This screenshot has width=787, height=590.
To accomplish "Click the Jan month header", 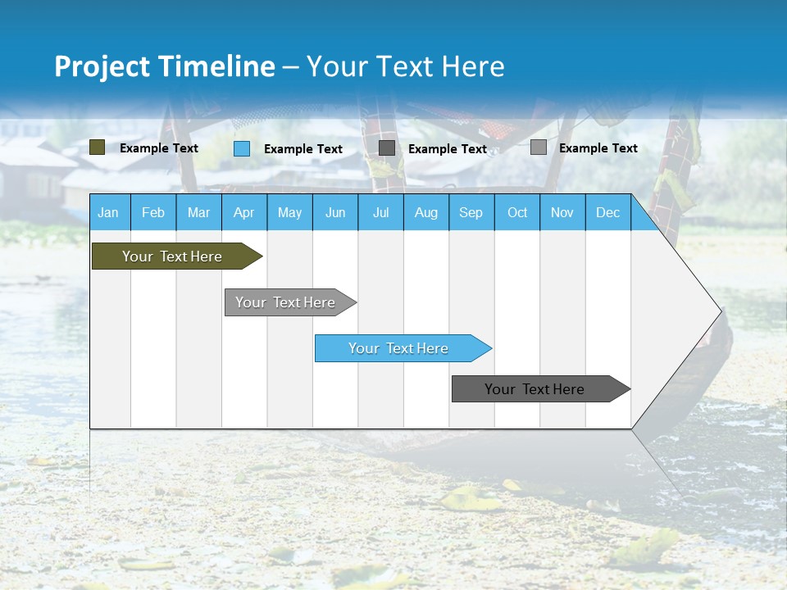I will (x=108, y=213).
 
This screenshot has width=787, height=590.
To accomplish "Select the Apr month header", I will (x=243, y=213).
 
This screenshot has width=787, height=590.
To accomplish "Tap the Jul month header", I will (x=380, y=213).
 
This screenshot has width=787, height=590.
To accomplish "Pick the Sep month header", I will (x=471, y=213).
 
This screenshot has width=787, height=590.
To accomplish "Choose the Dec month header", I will (x=607, y=213).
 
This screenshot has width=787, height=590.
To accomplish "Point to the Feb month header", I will (x=153, y=213).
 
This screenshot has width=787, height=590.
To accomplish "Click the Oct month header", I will (x=517, y=213).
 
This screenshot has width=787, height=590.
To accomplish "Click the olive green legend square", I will (x=97, y=147).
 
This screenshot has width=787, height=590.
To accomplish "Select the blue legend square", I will (x=241, y=148).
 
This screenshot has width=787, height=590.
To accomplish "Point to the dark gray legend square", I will (x=386, y=148).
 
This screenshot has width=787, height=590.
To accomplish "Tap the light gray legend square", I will (x=538, y=147).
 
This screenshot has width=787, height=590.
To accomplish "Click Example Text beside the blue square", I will (x=303, y=149).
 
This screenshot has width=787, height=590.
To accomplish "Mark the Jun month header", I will (x=334, y=213).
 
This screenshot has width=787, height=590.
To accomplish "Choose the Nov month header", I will (x=562, y=213).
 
